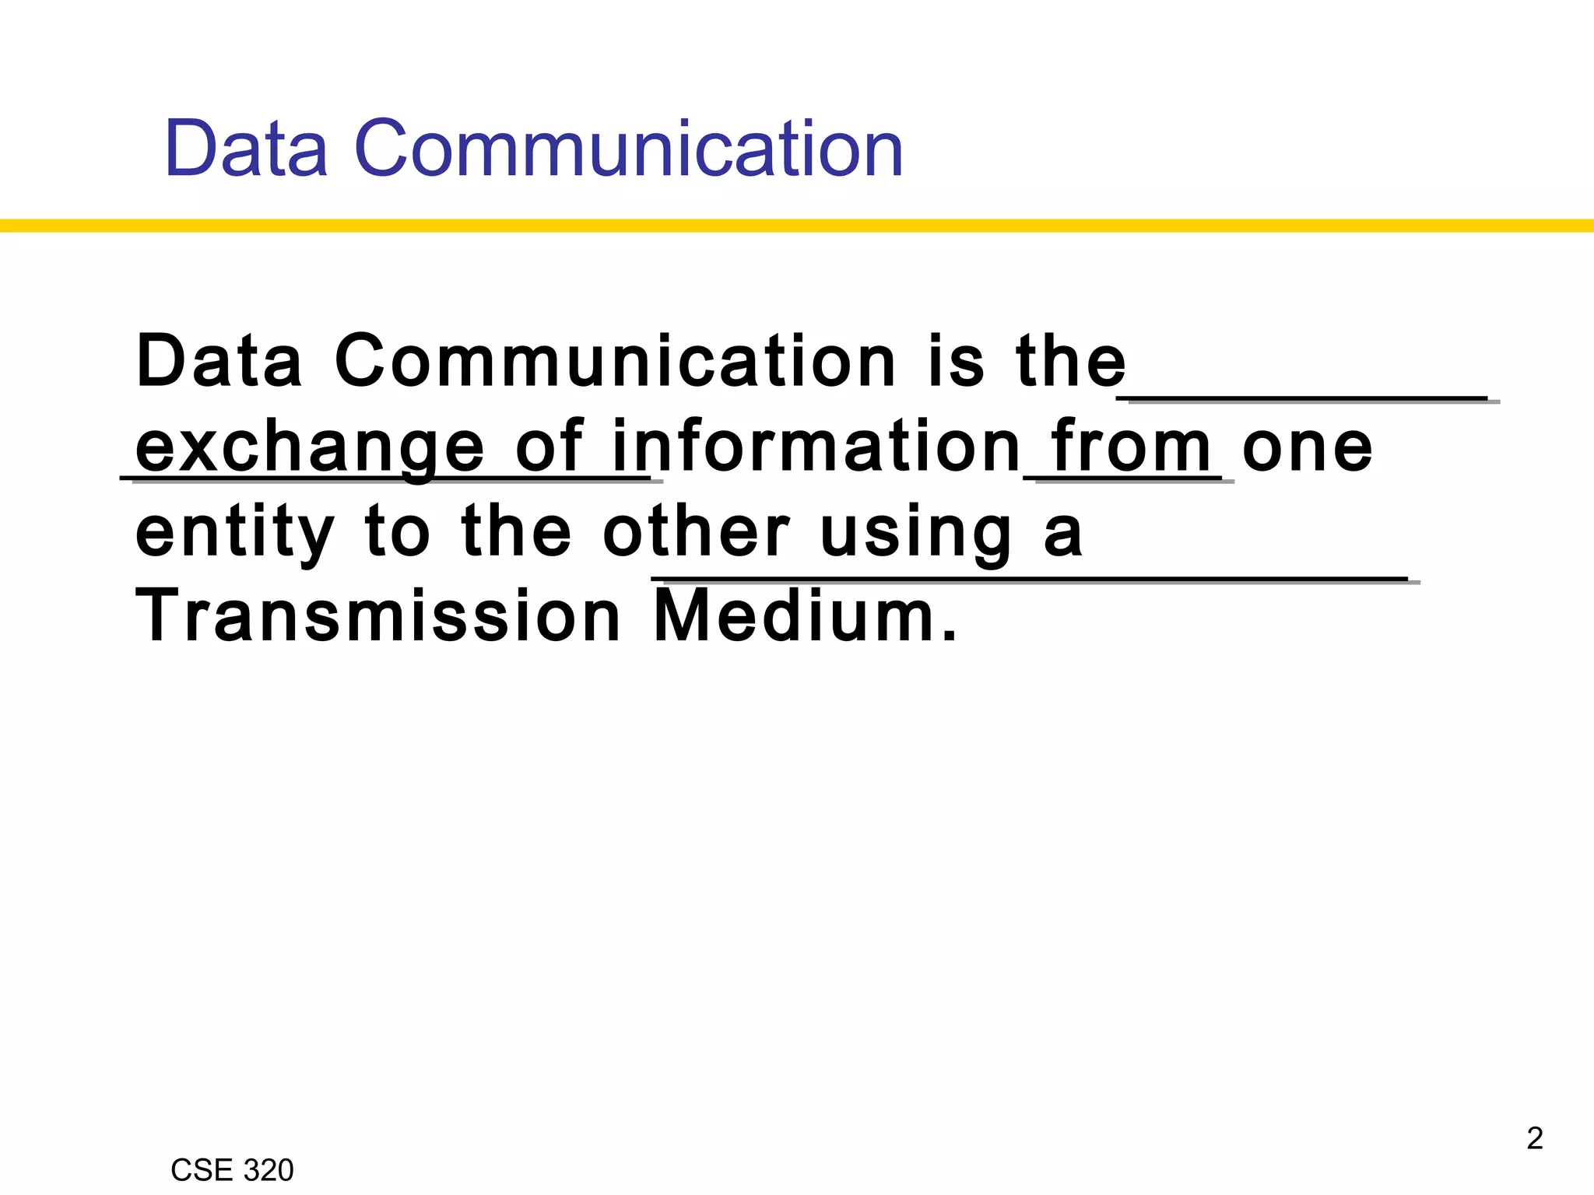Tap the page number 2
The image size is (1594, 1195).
[1534, 1138]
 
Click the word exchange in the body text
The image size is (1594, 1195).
[310, 447]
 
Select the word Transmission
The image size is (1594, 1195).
[378, 616]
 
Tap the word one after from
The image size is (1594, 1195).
[1308, 447]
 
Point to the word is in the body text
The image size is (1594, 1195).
[957, 362]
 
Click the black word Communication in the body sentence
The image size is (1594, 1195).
[615, 362]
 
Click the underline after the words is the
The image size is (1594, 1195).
[1308, 399]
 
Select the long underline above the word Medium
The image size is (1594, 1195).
[1031, 580]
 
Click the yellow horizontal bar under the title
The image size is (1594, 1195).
[797, 226]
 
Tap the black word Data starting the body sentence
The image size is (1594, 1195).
[219, 362]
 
